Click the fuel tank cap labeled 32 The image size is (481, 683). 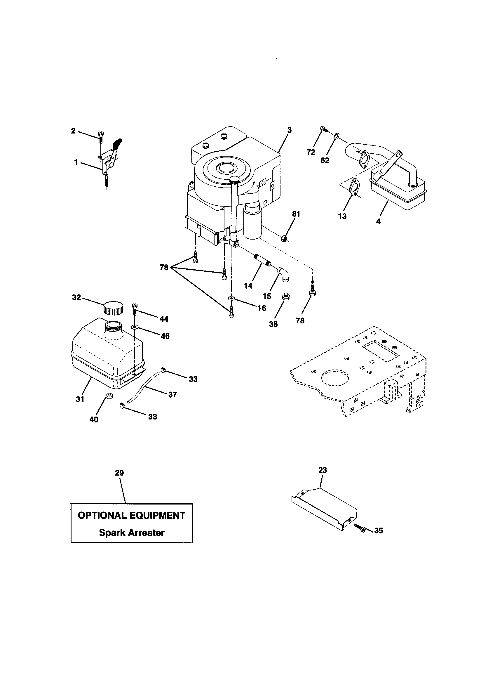coord(113,308)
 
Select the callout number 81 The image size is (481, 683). coord(296,214)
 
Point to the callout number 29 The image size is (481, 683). coord(119,473)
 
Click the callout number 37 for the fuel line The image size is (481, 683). coord(172,394)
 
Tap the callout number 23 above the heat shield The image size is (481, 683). coord(323,470)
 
